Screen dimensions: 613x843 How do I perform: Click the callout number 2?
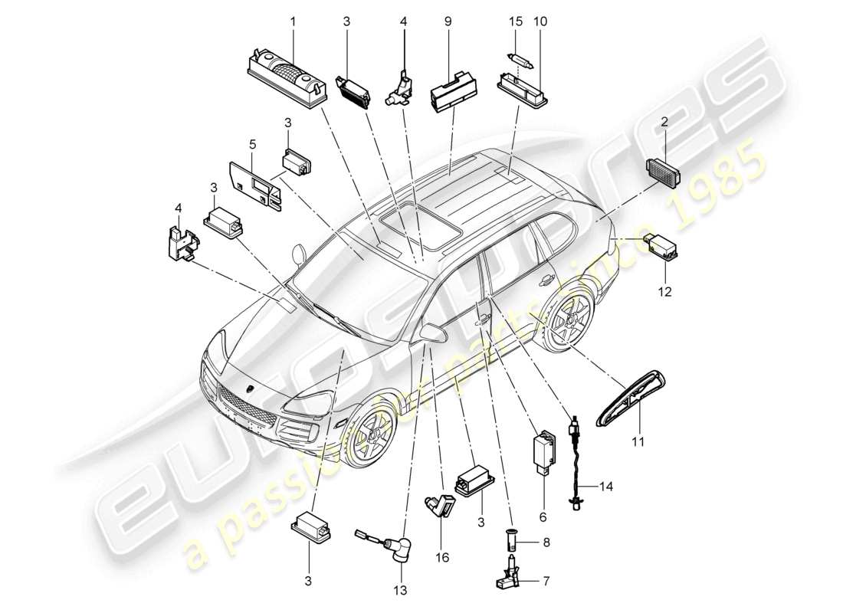(x=664, y=122)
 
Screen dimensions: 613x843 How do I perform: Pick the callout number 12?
(x=664, y=291)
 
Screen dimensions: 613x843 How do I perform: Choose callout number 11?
(x=639, y=441)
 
